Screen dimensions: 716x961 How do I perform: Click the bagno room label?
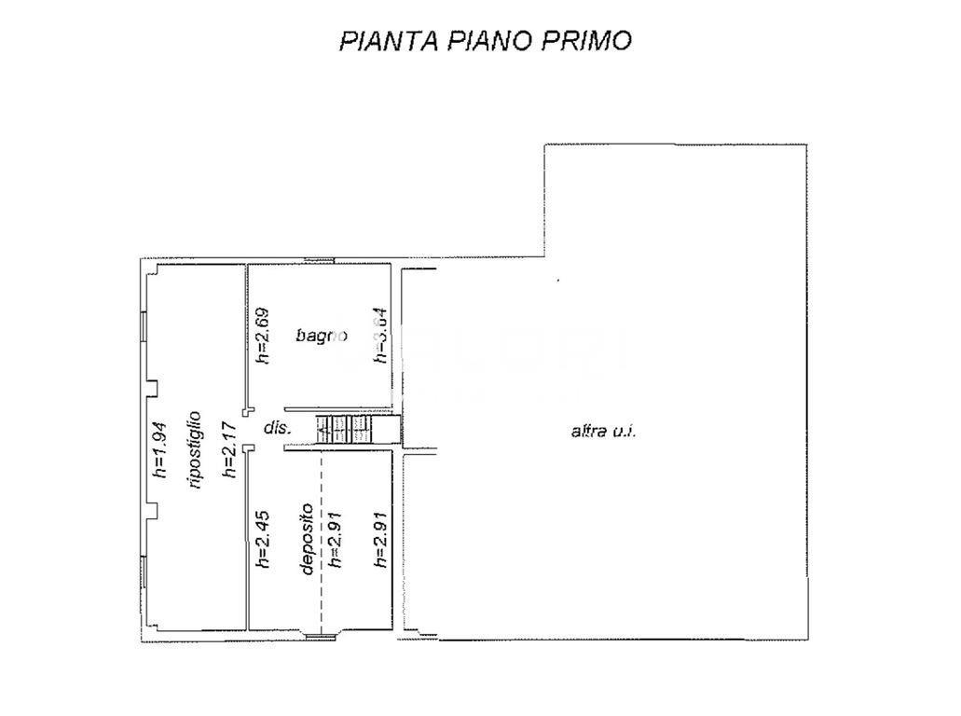[322, 335]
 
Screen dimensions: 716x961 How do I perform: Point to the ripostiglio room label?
[195, 449]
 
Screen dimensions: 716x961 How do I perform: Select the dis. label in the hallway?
[278, 428]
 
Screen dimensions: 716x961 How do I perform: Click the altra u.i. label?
[603, 431]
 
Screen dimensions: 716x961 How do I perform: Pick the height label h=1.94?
[159, 449]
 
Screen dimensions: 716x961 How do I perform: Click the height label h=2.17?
[227, 449]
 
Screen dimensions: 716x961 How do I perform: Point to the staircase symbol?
[345, 430]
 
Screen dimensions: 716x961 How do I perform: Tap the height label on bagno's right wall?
[379, 335]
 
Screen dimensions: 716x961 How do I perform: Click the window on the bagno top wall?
[319, 260]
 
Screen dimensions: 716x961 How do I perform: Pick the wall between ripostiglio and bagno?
[246, 336]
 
